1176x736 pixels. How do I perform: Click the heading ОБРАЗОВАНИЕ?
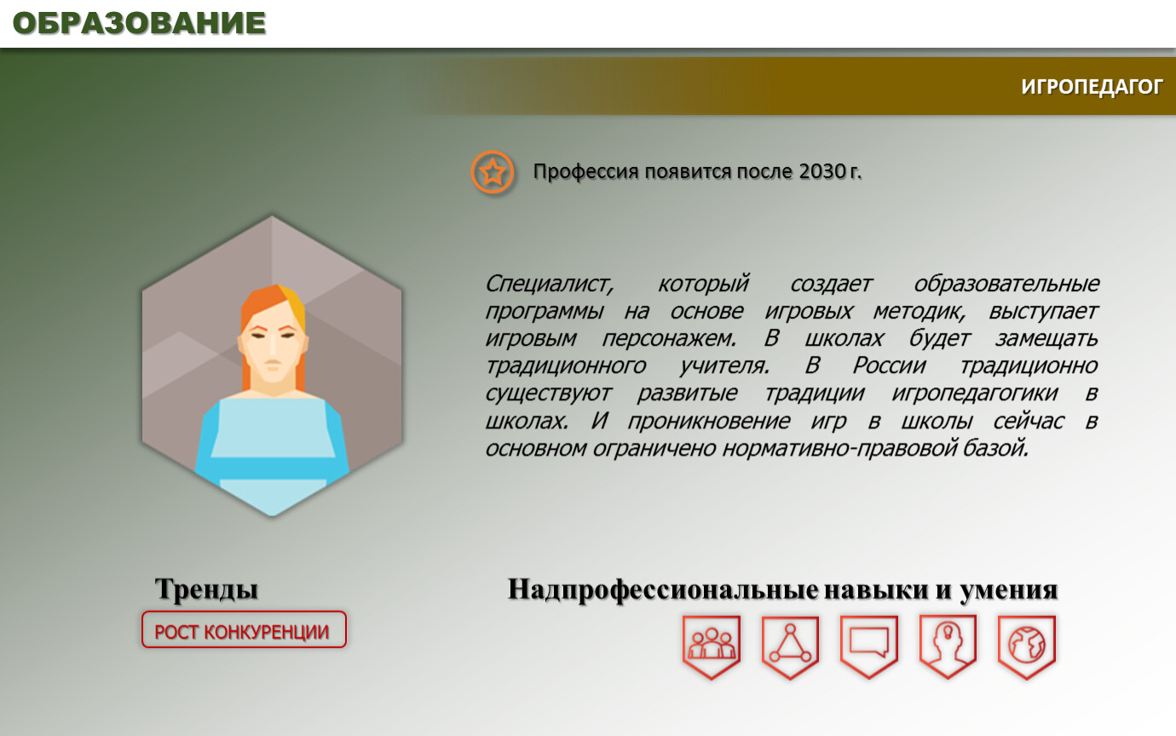139,24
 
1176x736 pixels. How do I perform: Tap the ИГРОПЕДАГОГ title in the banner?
1092,87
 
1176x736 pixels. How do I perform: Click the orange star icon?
492,172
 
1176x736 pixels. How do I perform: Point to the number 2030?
822,171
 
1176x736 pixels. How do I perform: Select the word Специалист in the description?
549,284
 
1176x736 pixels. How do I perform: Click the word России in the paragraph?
889,366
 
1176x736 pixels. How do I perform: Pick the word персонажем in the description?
669,338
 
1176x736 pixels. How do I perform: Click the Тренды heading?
206,589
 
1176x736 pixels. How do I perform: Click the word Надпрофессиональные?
663,589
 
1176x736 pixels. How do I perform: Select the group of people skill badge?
712,647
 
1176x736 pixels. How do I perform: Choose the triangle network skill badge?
790,647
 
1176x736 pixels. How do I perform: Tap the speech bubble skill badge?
869,647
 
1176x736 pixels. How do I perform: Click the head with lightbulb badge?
948,647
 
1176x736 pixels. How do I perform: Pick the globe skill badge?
1026,647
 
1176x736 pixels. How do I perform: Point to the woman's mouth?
273,363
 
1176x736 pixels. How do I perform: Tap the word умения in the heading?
1008,590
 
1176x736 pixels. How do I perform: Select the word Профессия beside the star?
586,172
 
